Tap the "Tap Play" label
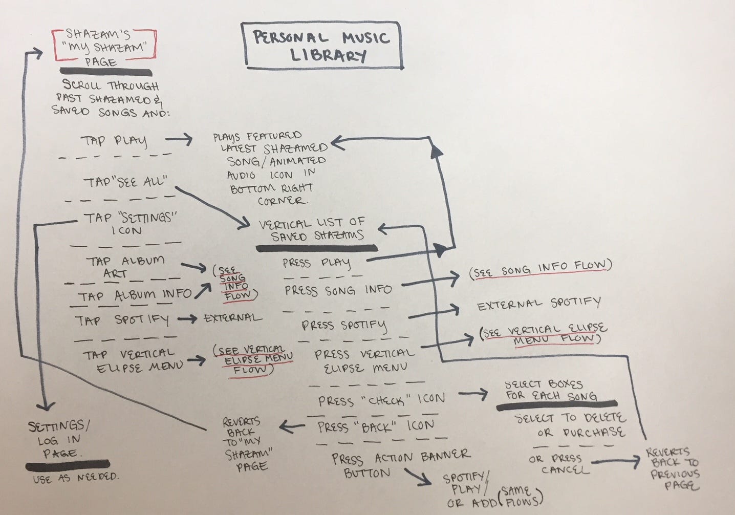pyautogui.click(x=113, y=141)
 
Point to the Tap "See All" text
pyautogui.click(x=125, y=182)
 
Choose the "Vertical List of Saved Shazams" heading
pyautogui.click(x=312, y=229)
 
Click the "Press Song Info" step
pyautogui.click(x=338, y=290)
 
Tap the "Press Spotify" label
pyautogui.click(x=344, y=325)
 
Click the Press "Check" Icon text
pyautogui.click(x=381, y=399)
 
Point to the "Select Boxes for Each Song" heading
pyautogui.click(x=550, y=390)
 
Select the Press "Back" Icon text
pyautogui.click(x=376, y=426)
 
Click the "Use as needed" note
pyautogui.click(x=75, y=478)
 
